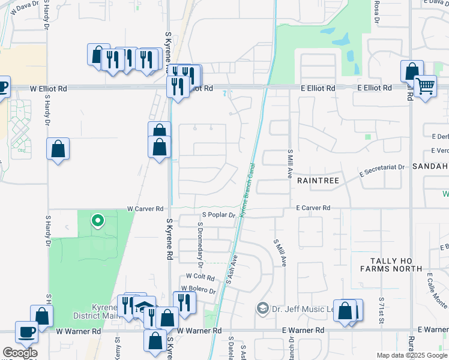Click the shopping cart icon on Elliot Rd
pyautogui.click(x=425, y=87)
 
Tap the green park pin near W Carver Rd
pyautogui.click(x=97, y=221)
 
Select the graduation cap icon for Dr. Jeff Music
pyautogui.click(x=262, y=308)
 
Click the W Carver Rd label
pyautogui.click(x=145, y=209)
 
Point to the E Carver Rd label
pyautogui.click(x=313, y=208)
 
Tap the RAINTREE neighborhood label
pyautogui.click(x=318, y=180)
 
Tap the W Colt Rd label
pyautogui.click(x=200, y=277)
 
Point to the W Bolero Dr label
pyautogui.click(x=199, y=290)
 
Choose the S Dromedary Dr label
pyautogui.click(x=200, y=243)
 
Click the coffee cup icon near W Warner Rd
pyautogui.click(x=26, y=331)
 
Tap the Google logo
pyautogui.click(x=20, y=353)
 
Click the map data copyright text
pyautogui.click(x=412, y=355)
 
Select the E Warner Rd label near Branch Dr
pyautogui.click(x=303, y=331)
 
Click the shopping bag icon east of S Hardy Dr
pyautogui.click(x=58, y=149)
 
